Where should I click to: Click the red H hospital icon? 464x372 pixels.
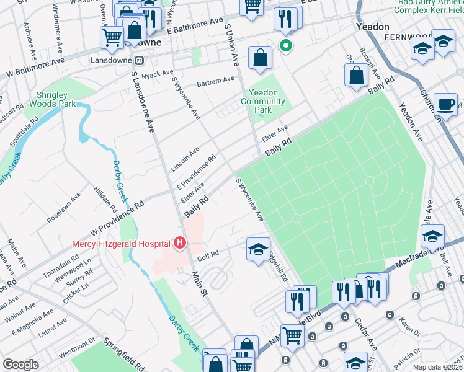(x=180, y=242)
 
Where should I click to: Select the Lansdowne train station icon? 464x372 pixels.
(x=140, y=60)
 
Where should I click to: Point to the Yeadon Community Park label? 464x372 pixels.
(x=263, y=101)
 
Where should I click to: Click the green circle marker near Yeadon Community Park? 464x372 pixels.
(x=286, y=45)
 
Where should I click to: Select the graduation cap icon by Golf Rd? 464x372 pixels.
(x=258, y=249)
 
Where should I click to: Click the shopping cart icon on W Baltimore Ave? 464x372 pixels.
(x=112, y=37)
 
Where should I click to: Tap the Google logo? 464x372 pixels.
(x=20, y=365)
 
